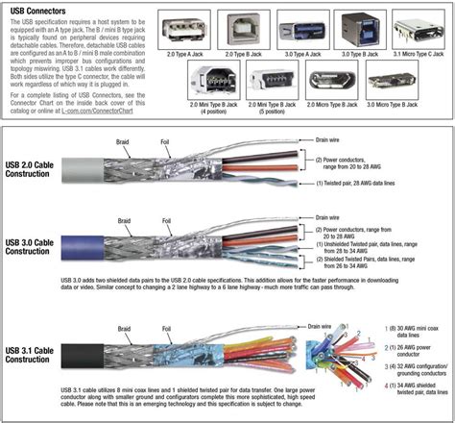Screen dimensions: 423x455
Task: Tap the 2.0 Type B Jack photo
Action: click(x=240, y=29)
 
